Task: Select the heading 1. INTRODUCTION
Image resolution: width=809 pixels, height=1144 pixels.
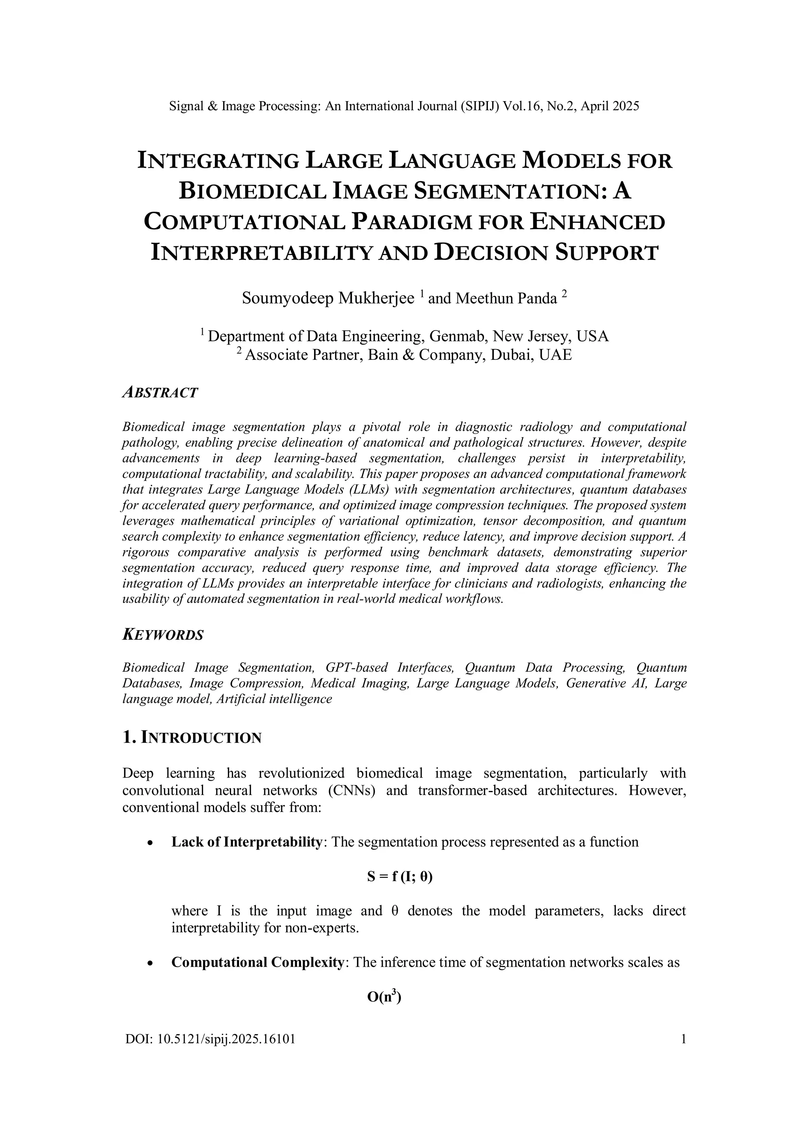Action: coord(192,738)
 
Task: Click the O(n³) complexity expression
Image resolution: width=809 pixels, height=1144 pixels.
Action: coord(384,997)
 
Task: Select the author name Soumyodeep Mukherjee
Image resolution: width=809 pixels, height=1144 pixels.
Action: coord(328,299)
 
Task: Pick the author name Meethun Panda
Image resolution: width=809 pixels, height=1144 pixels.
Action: coord(506,299)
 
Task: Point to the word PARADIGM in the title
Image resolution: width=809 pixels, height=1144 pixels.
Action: coord(411,222)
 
